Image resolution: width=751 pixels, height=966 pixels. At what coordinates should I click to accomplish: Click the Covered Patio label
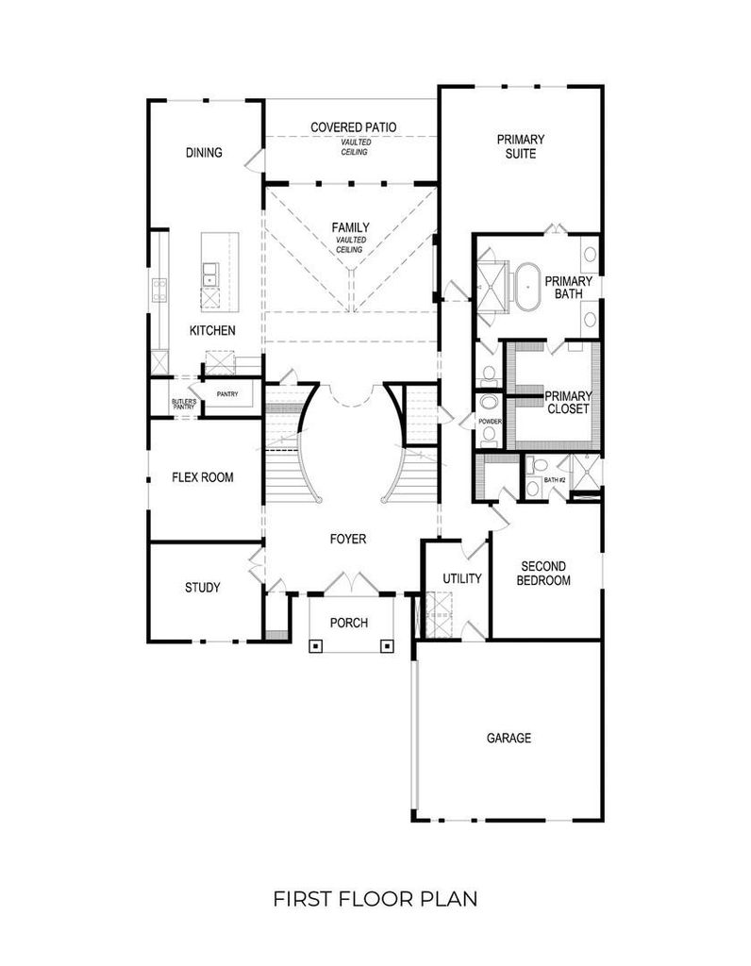click(x=353, y=127)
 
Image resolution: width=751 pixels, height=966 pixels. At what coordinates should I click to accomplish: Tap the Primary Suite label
click(x=521, y=146)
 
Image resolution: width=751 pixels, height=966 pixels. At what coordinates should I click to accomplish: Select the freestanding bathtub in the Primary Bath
click(x=527, y=287)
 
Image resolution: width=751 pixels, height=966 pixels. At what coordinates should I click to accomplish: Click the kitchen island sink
click(x=210, y=275)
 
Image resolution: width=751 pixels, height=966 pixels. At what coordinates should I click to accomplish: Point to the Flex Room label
click(x=203, y=476)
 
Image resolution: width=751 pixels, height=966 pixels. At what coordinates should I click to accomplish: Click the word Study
click(x=203, y=587)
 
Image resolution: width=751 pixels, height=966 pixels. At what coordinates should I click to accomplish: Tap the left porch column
click(x=315, y=645)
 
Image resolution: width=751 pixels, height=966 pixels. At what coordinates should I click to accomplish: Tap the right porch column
click(x=387, y=645)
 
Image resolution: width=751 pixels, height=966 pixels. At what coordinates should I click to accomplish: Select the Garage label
click(x=509, y=738)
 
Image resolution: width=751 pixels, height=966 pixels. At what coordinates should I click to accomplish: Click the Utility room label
click(x=462, y=578)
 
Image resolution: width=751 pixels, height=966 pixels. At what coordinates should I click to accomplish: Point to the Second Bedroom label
click(x=543, y=573)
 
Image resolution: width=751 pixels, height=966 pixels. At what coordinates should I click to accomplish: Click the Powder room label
click(x=491, y=422)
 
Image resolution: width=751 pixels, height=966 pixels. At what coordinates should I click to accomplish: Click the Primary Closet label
click(x=568, y=402)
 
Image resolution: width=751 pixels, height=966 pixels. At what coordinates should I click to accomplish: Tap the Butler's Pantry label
click(x=184, y=404)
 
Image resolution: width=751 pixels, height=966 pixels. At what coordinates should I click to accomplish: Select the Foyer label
click(x=348, y=539)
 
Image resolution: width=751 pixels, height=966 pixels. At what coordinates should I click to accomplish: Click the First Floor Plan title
click(x=375, y=898)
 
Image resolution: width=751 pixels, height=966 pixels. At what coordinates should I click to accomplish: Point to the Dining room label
click(x=204, y=152)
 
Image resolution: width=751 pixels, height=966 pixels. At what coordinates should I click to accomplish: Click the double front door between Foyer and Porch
click(x=351, y=584)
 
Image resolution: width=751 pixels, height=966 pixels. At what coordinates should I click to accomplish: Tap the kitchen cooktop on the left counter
click(x=159, y=290)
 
